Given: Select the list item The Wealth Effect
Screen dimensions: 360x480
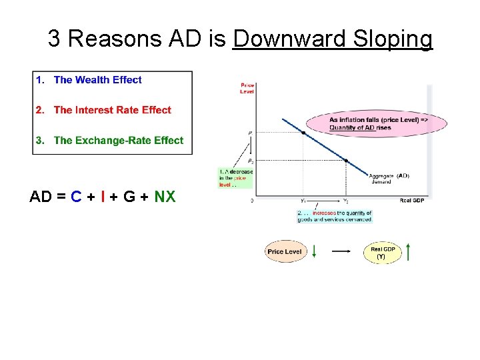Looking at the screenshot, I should tap(97, 80).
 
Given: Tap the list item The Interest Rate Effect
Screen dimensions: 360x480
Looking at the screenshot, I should tap(112, 110).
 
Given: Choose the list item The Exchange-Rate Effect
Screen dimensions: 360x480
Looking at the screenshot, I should tap(118, 140).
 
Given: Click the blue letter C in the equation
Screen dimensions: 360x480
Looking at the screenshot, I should tap(76, 197).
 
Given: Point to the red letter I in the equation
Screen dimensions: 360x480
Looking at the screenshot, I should tap(101, 197).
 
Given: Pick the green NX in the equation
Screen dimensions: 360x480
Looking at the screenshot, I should tap(165, 197).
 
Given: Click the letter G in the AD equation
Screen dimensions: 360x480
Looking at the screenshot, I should tap(127, 197).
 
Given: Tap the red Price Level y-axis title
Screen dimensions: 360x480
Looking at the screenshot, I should tap(247, 88).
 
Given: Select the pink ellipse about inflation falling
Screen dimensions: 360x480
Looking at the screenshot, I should tap(377, 123).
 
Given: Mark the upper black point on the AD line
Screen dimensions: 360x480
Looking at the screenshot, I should tap(303, 133).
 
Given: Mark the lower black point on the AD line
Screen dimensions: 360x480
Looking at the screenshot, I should tap(345, 161).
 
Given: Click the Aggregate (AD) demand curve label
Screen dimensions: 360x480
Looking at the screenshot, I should tap(390, 178).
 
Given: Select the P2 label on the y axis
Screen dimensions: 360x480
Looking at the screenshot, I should tap(250, 161).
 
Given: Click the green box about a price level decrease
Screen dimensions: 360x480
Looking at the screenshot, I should tap(235, 177).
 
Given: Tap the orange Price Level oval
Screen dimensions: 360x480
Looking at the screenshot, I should tap(285, 252).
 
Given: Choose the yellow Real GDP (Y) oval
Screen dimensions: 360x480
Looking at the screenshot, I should tap(383, 253).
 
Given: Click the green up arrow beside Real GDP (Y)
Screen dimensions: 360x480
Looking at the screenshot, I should tap(408, 251).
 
